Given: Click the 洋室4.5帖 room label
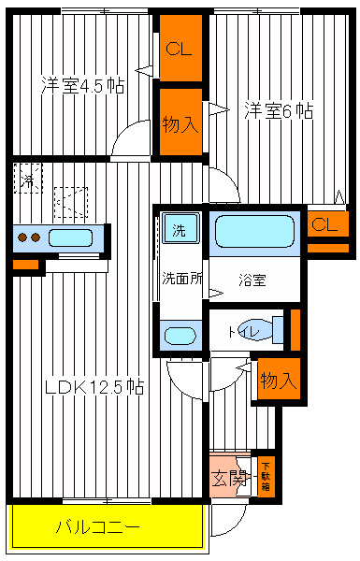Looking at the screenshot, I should [x=82, y=85].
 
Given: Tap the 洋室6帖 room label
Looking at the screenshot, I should [x=278, y=110].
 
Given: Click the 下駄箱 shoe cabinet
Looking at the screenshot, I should [x=266, y=475].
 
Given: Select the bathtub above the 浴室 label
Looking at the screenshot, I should [x=253, y=231].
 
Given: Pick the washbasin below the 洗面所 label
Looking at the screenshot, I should [x=178, y=336].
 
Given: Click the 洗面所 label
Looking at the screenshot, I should [x=181, y=278].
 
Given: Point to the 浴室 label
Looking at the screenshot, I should [x=252, y=279].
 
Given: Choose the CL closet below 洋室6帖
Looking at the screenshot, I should [x=324, y=224].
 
